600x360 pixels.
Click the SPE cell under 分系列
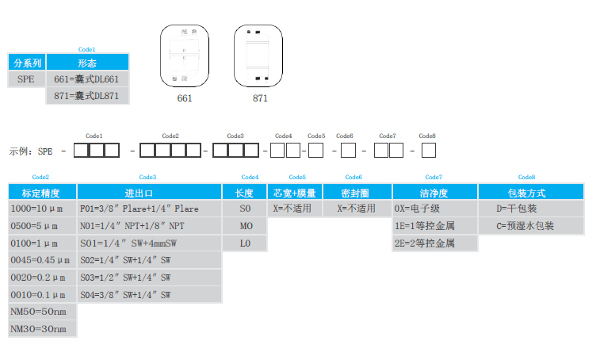(x=27, y=79)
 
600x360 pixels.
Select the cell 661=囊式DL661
(x=87, y=79)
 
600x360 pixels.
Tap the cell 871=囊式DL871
(x=87, y=96)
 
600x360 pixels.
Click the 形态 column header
(x=87, y=63)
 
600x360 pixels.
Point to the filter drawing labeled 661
(x=184, y=56)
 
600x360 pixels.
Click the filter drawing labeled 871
(x=259, y=56)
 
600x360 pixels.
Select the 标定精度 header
(x=42, y=193)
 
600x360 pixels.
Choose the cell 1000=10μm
(x=42, y=209)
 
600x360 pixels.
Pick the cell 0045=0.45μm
(x=42, y=260)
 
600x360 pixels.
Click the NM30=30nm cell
(x=42, y=328)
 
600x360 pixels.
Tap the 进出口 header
(x=150, y=193)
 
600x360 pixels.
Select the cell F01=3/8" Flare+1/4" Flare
(x=150, y=209)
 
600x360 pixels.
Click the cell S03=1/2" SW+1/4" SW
(x=150, y=278)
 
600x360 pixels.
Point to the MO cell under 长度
(x=246, y=226)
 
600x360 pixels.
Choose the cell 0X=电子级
(x=434, y=209)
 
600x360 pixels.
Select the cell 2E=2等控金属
(x=434, y=243)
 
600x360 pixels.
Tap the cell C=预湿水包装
(x=530, y=226)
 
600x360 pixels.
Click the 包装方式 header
(x=530, y=193)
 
